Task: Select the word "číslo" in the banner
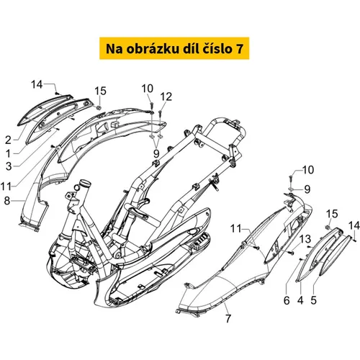click(x=216, y=48)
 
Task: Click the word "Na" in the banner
click(x=114, y=49)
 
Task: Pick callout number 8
click(x=7, y=201)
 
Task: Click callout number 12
click(x=166, y=97)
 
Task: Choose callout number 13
click(x=305, y=239)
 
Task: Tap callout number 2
click(x=9, y=140)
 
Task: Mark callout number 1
click(x=9, y=153)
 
